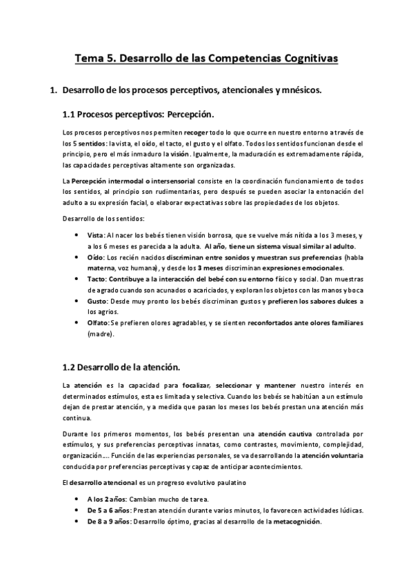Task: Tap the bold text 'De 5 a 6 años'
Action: (108, 510)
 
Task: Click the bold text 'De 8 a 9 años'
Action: (108, 522)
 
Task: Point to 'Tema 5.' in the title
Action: (95, 59)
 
